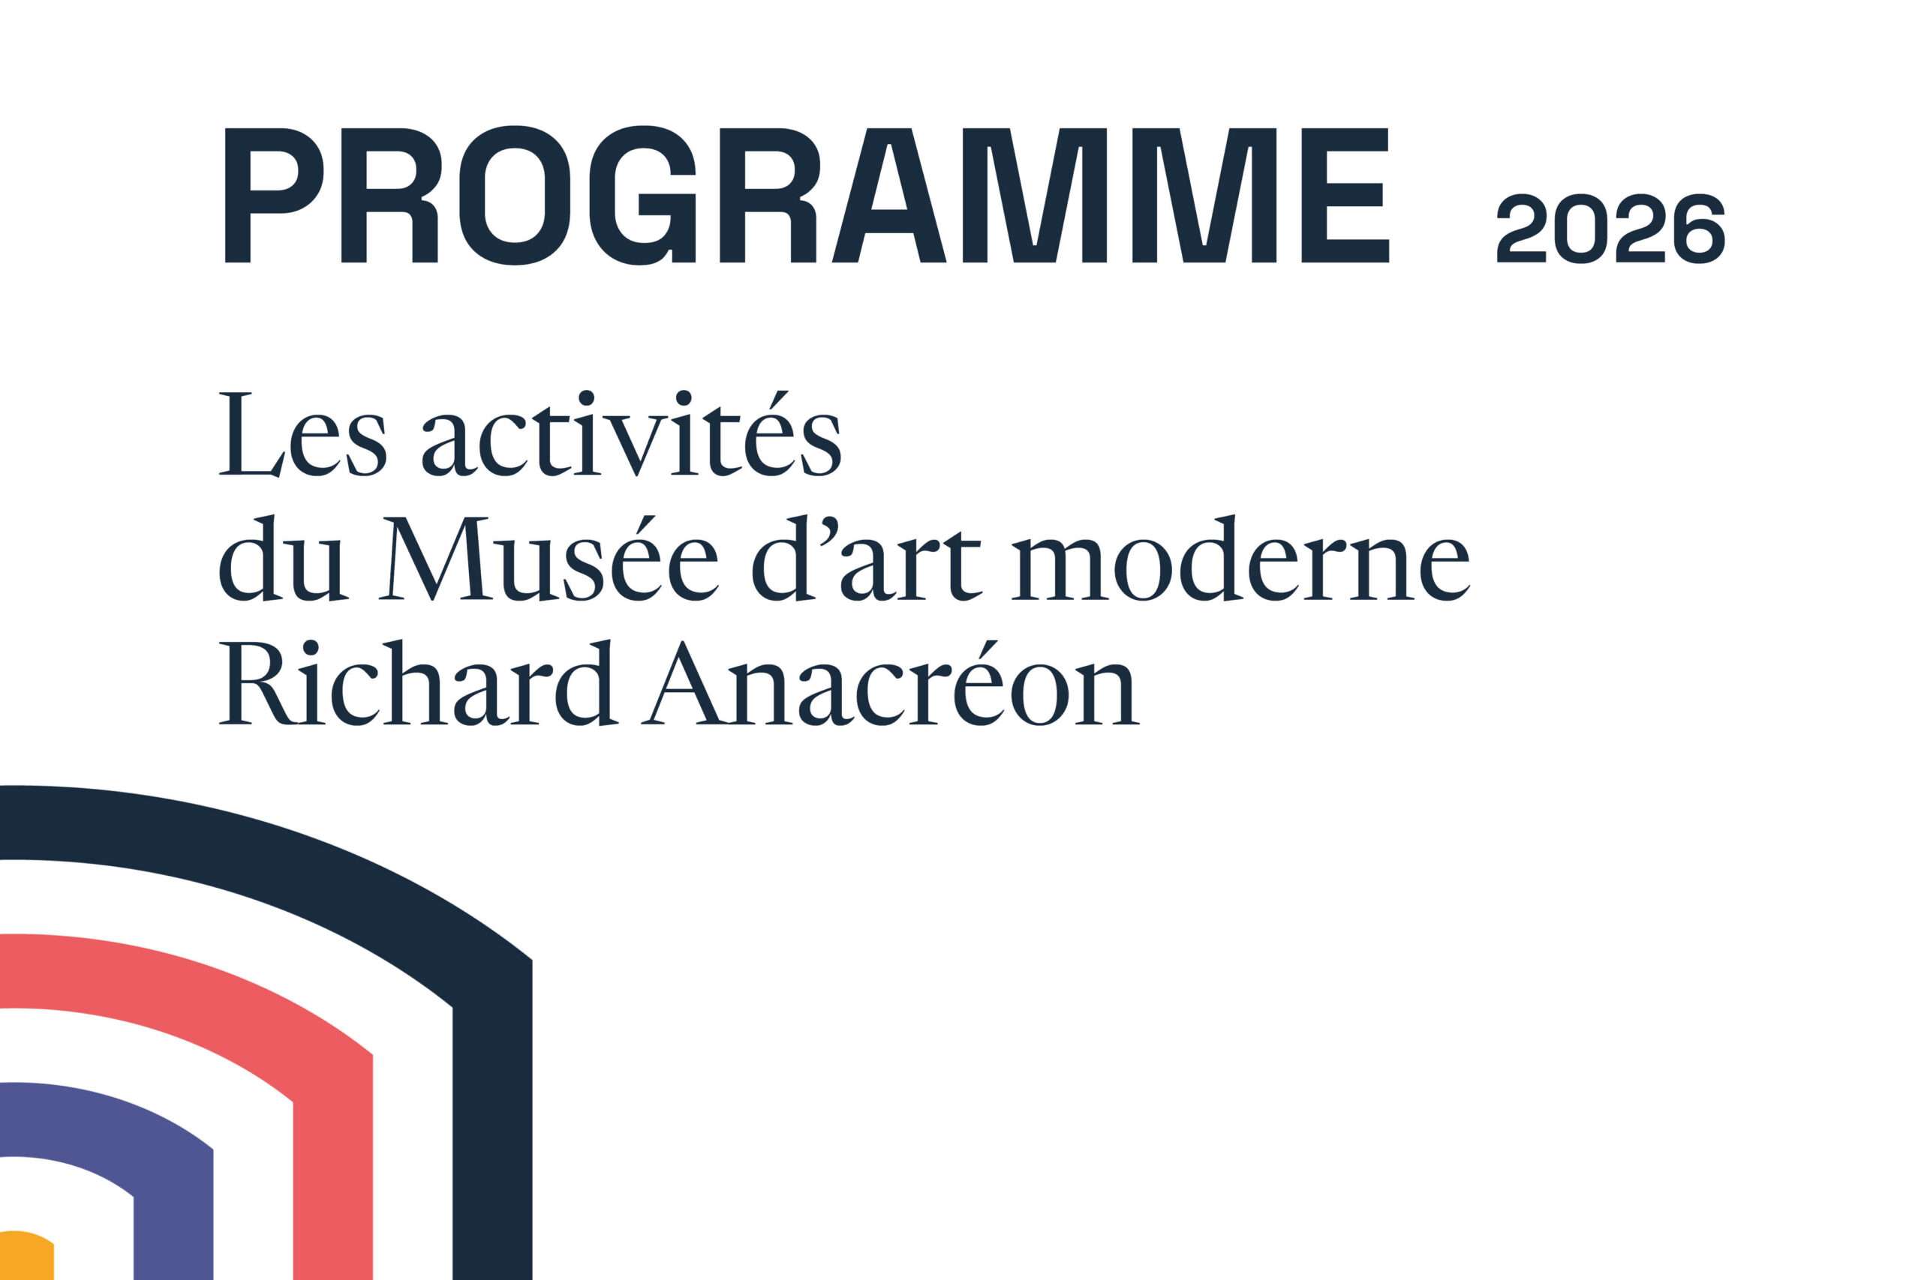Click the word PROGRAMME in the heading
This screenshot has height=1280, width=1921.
click(x=806, y=196)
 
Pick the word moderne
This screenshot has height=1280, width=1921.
click(x=1240, y=563)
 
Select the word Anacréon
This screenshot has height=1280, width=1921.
click(x=889, y=684)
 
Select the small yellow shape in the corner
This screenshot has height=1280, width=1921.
click(x=25, y=1265)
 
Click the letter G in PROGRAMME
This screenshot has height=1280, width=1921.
click(x=643, y=196)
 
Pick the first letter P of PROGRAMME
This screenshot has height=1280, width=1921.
click(x=274, y=196)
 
